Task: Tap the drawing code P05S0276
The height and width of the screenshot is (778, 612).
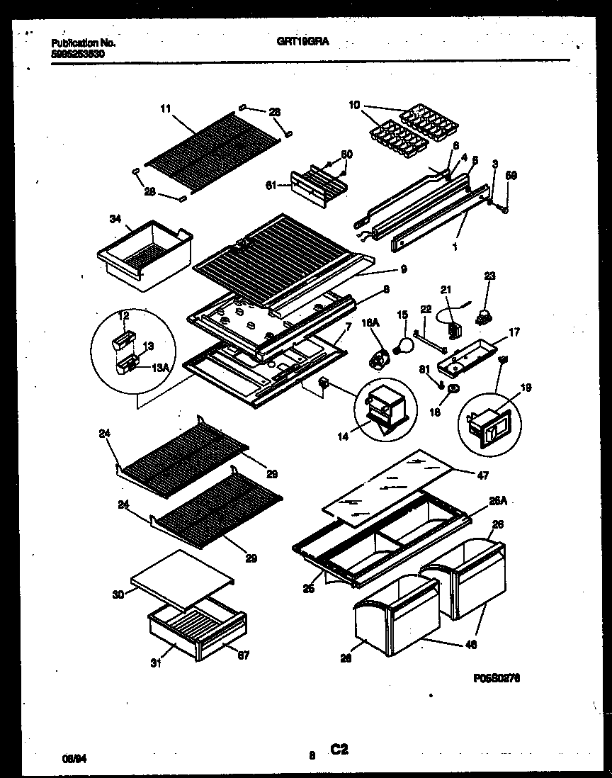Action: (497, 677)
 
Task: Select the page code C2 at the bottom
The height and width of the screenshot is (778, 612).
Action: (339, 750)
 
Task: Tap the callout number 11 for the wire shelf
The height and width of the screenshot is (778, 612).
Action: (166, 108)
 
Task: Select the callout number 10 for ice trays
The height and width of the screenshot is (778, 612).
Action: (353, 106)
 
